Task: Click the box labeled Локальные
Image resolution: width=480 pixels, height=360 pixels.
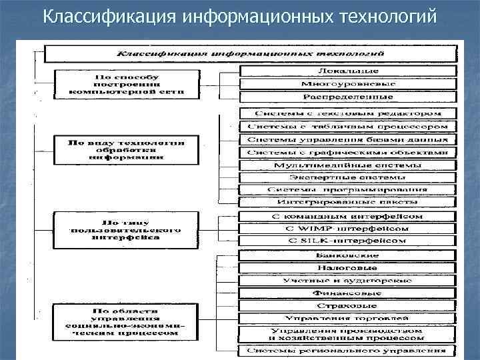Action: (x=347, y=71)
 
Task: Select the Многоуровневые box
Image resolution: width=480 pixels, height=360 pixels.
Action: (x=347, y=85)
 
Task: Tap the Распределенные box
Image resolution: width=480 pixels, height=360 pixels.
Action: (x=347, y=97)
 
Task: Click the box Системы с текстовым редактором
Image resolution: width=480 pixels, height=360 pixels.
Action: (x=347, y=113)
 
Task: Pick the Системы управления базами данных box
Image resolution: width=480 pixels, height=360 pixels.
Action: (x=347, y=140)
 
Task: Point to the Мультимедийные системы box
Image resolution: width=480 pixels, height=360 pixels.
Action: (x=347, y=165)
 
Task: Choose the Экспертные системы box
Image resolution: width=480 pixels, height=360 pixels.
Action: (x=347, y=178)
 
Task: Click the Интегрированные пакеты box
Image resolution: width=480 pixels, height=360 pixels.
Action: (x=347, y=202)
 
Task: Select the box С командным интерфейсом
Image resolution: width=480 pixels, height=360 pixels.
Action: (x=347, y=217)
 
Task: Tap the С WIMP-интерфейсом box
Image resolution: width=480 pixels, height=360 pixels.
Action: (x=347, y=229)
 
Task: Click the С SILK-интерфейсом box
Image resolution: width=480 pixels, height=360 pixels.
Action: (x=347, y=241)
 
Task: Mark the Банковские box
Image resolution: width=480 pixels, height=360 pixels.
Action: (x=347, y=255)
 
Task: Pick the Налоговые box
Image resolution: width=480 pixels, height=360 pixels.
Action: (x=347, y=268)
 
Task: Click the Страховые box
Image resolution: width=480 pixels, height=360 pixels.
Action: (x=347, y=305)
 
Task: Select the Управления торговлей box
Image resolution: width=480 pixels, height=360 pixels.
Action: (x=347, y=318)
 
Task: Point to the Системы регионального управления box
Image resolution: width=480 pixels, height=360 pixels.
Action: (x=347, y=350)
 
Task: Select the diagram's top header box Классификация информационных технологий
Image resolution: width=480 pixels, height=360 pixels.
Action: (x=251, y=52)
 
